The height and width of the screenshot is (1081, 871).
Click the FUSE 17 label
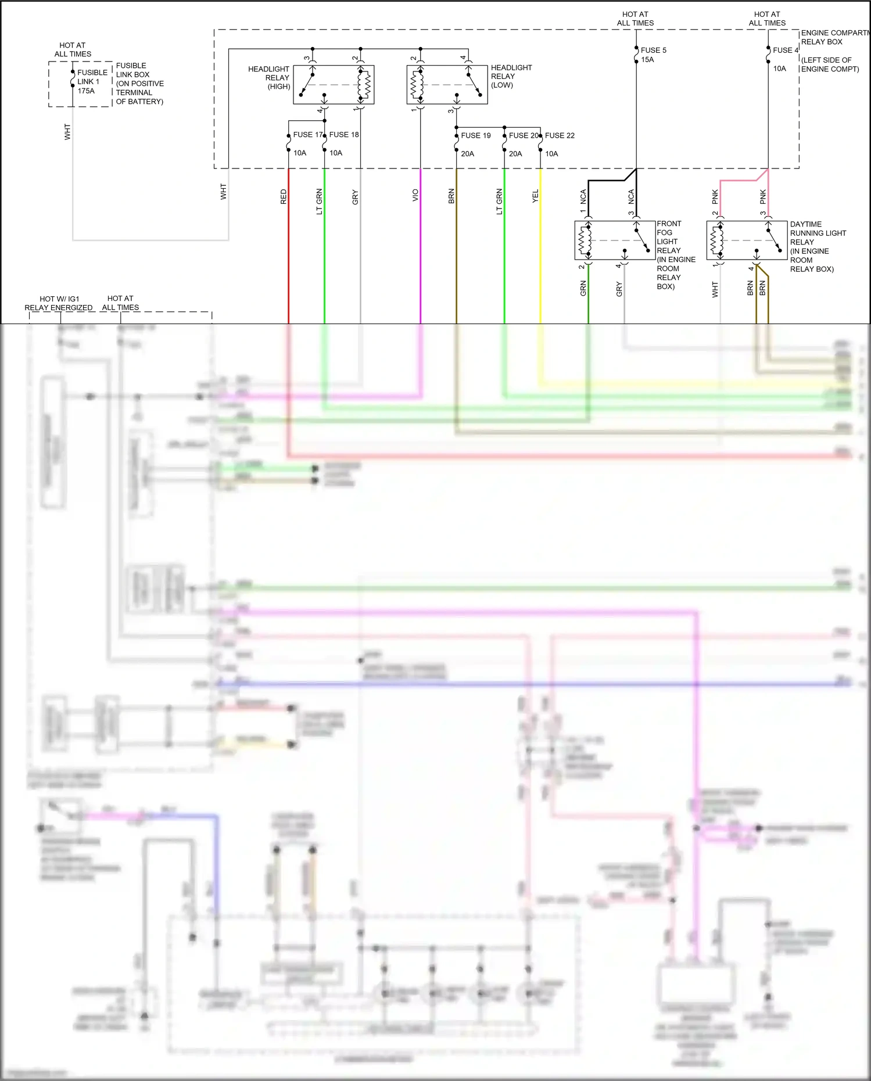(x=307, y=135)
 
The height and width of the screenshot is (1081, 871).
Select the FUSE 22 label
(x=559, y=135)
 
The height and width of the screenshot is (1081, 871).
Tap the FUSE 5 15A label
(x=653, y=55)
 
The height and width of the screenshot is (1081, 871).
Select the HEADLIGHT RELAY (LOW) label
(x=511, y=76)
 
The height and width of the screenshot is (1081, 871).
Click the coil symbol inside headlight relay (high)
(x=364, y=85)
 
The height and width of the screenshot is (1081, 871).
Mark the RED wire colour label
(x=284, y=196)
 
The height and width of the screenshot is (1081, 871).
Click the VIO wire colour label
(x=415, y=195)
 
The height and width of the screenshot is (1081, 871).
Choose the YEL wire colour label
(x=535, y=196)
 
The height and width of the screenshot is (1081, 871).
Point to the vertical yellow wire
(x=540, y=261)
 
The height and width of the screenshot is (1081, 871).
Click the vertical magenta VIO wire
(x=420, y=261)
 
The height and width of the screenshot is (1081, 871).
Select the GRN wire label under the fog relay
(x=583, y=288)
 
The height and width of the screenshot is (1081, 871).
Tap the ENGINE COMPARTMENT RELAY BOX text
(x=834, y=37)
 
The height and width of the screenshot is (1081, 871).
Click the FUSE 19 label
(x=475, y=135)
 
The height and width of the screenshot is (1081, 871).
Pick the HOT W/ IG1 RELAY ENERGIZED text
(x=59, y=303)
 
